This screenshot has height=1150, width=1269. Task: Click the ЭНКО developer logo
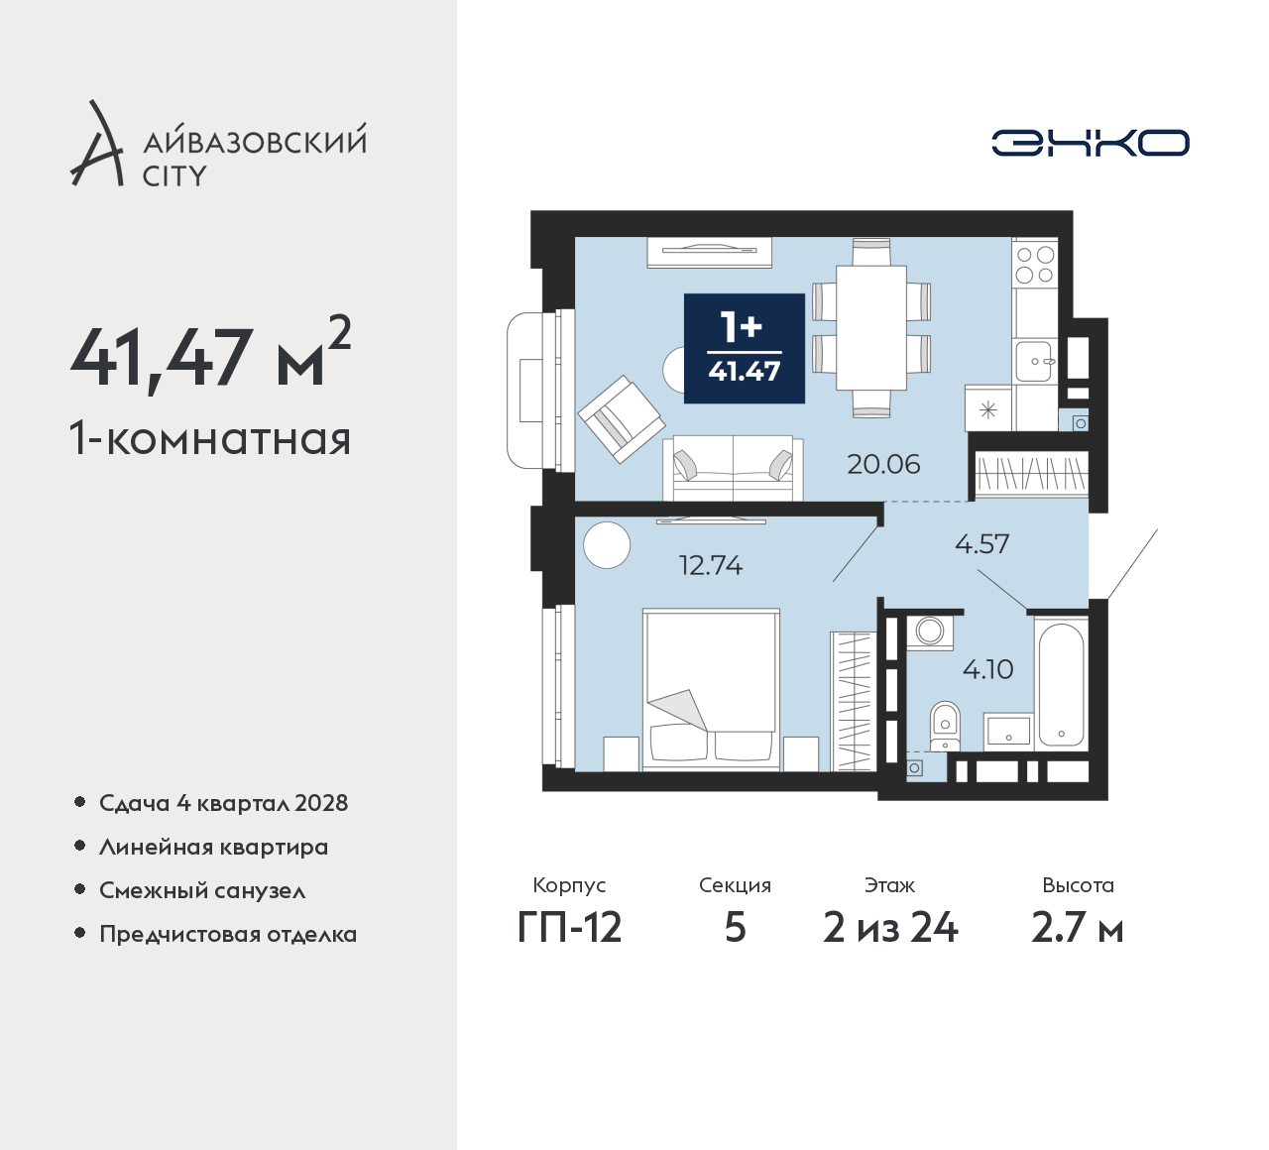pos(1090,143)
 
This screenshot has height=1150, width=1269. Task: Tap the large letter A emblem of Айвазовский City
pos(96,143)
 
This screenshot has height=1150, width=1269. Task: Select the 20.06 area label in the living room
pos(883,464)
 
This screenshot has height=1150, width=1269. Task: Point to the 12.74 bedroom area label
pos(711,565)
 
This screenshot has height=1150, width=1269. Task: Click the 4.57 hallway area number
pos(981,543)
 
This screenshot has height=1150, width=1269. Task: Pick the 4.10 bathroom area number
pos(987,668)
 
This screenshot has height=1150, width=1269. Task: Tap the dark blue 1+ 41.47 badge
pos(745,348)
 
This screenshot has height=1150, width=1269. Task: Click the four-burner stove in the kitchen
pos(1034,265)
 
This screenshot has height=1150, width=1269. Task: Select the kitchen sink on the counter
pos(1034,362)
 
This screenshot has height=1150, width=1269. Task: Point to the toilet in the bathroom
pos(945,726)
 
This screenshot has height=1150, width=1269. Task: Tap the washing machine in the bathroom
pos(929,632)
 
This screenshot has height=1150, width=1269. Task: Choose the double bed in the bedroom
pos(711,689)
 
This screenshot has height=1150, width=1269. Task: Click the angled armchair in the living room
pos(621,418)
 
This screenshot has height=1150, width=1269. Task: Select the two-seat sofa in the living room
pos(733,468)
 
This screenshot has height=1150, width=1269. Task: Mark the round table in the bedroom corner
pos(607,544)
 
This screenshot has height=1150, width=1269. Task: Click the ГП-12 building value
pos(569,929)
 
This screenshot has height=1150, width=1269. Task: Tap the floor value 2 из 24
pos(890,929)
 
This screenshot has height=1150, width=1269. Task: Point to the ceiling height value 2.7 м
pos(1077,929)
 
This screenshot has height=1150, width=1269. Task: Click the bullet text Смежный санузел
pos(202,890)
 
